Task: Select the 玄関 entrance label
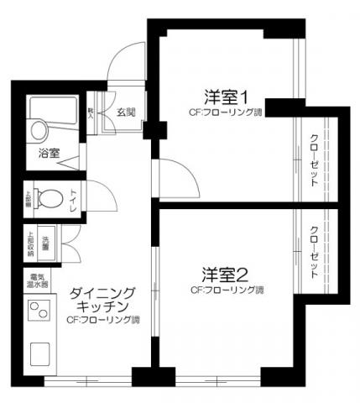[126, 112]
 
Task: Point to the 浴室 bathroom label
[49, 153]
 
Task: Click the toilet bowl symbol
[51, 200]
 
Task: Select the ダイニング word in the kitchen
[102, 292]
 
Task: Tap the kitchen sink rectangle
[40, 353]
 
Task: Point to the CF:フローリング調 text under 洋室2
[227, 290]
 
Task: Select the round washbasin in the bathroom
[38, 130]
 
